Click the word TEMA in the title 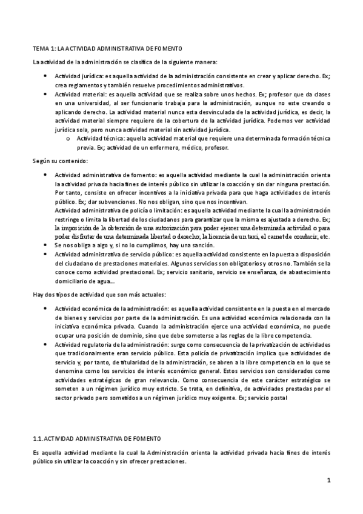click(39, 48)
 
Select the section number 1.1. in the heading click(38, 438)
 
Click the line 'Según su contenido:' click(60, 161)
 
